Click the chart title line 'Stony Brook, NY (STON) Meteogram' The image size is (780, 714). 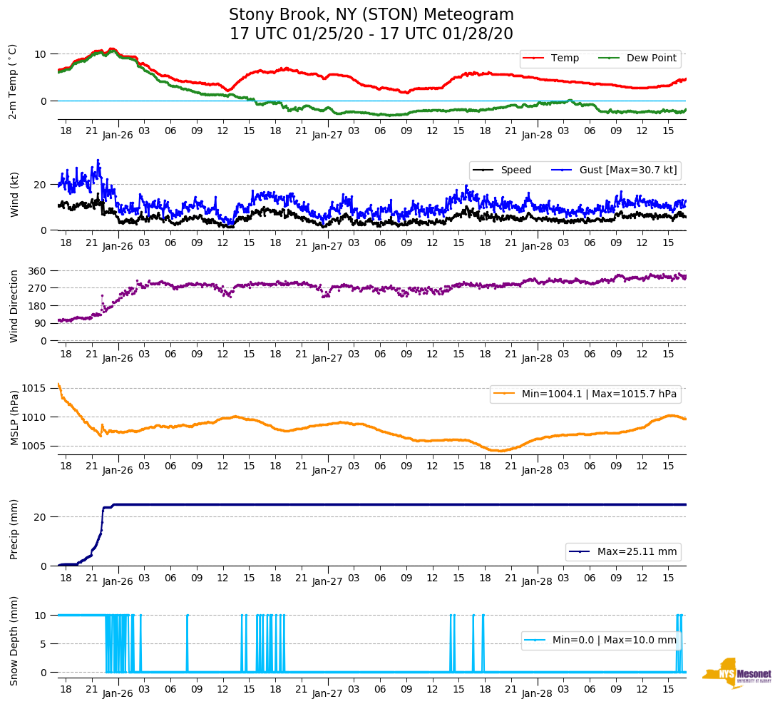click(x=371, y=15)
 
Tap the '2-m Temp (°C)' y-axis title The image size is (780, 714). click(x=13, y=81)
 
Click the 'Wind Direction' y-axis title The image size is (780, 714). click(x=13, y=306)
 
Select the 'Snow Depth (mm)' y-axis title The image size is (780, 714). click(x=13, y=641)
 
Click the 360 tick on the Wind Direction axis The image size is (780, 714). click(x=38, y=271)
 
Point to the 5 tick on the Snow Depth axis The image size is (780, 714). click(x=44, y=643)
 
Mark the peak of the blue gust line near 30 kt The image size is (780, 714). click(x=98, y=160)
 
